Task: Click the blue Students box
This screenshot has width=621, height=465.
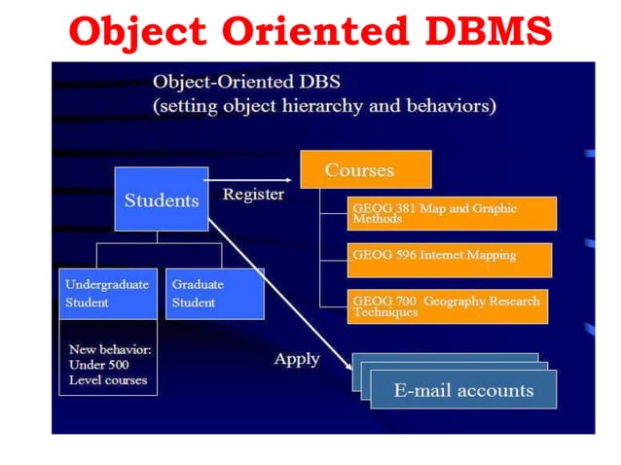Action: coord(161,199)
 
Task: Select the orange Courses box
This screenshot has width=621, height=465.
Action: coord(364,170)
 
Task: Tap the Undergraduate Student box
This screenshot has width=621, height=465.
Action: coord(107,293)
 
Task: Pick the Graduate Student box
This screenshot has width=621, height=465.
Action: coord(214,293)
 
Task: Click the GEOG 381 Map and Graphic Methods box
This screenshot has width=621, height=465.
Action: coord(451,213)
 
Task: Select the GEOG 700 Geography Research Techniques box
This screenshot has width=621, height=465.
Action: coord(448,305)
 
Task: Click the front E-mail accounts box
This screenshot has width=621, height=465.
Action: coord(463,390)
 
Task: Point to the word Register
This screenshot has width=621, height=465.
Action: coord(253,194)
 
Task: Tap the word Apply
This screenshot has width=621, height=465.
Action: coord(297,359)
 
